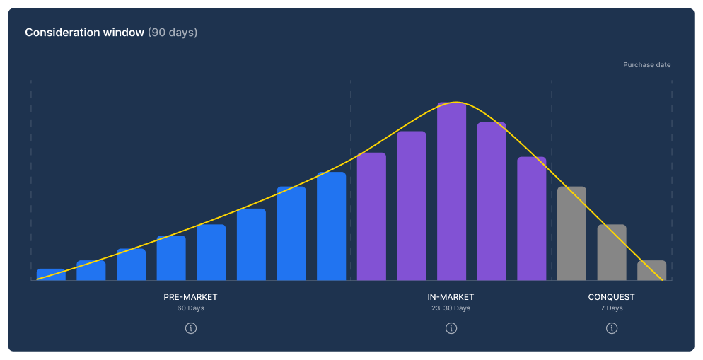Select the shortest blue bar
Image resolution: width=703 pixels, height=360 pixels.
tap(51, 274)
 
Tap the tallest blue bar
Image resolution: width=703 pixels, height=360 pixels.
tap(331, 226)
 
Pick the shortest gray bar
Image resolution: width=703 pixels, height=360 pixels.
tap(651, 270)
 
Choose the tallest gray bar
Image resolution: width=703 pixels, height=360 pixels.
tap(571, 233)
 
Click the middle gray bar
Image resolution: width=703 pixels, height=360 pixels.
tap(612, 252)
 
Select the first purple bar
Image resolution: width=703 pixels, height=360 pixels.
tap(371, 216)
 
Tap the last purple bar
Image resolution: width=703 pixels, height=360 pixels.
tap(532, 219)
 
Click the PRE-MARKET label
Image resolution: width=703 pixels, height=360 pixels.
tap(190, 297)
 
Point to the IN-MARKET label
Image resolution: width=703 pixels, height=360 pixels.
tap(451, 297)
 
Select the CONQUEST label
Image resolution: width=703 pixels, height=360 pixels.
tap(612, 297)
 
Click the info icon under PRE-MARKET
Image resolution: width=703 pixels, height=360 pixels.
tap(190, 328)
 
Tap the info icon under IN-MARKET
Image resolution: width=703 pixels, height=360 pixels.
tap(451, 328)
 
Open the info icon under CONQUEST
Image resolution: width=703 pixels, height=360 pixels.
tap(612, 328)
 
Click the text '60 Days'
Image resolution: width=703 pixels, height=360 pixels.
tap(190, 308)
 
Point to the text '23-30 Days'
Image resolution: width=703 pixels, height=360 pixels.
tap(451, 308)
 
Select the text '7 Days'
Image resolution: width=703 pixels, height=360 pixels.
tap(612, 308)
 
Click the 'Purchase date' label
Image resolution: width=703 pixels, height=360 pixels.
tap(646, 65)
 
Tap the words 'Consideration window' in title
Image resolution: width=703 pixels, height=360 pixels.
tap(84, 33)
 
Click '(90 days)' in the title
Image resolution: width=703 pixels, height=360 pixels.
tap(173, 33)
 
